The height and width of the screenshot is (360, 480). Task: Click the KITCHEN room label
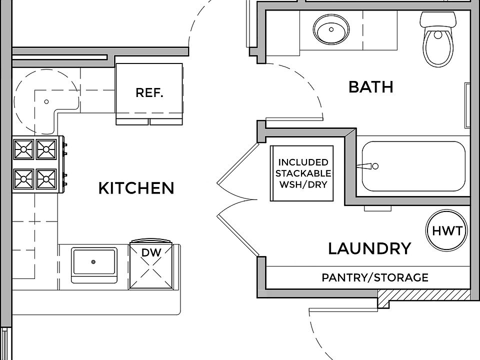(136, 188)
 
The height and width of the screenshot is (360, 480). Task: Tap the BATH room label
(370, 86)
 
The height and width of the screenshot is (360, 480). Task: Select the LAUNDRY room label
(369, 248)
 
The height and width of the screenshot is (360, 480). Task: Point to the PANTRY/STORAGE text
(374, 277)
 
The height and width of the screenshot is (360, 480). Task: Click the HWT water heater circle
(446, 231)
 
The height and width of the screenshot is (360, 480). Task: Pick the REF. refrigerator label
(149, 92)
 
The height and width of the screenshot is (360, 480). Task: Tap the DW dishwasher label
(151, 252)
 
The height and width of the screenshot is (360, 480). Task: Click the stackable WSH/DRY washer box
(301, 173)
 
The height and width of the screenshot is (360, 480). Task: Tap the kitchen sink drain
(93, 261)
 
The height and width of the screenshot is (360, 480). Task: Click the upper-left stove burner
(24, 148)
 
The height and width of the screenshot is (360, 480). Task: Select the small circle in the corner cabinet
(46, 101)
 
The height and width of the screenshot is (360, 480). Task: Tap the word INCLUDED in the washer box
(303, 162)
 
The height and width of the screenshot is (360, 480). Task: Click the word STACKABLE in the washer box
(303, 173)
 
